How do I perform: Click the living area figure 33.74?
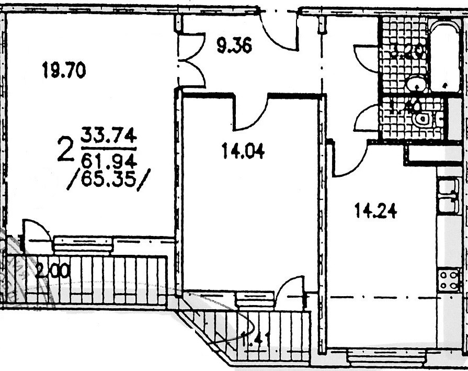click(108, 137)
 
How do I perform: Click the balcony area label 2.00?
click(53, 271)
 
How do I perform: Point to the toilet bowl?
click(423, 119)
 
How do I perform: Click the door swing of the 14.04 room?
click(250, 114)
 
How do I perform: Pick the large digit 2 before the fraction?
click(65, 150)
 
